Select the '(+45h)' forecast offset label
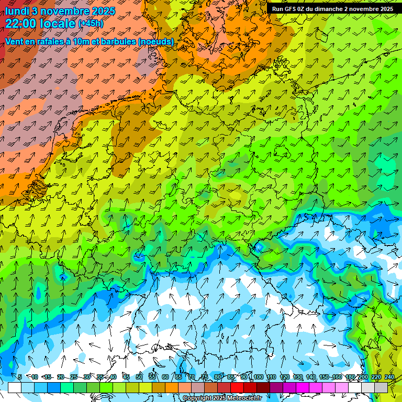[91, 24]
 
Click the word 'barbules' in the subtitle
[117, 41]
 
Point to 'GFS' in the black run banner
[290, 9]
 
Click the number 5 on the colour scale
[19, 377]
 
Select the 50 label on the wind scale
[139, 377]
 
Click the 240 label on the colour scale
[389, 377]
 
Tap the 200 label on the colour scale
[363, 377]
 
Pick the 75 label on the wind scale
[204, 377]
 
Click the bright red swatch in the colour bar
[237, 387]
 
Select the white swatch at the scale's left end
[15, 387]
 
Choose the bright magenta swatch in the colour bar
[303, 387]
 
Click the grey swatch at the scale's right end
[381, 387]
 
